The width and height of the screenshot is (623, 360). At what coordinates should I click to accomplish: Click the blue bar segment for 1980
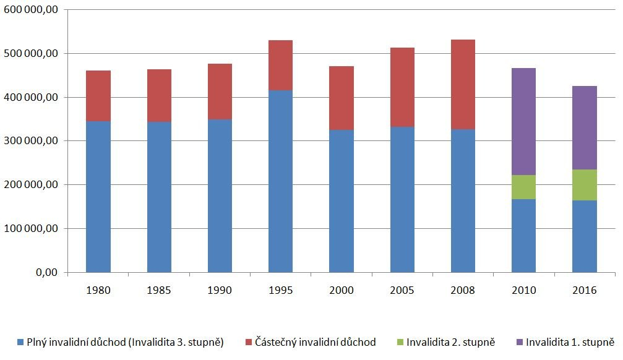[98, 197]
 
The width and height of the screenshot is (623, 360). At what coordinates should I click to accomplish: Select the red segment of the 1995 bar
[281, 66]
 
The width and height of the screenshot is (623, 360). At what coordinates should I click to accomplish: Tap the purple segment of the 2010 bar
[524, 122]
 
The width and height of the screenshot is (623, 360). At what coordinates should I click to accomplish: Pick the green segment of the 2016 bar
[585, 185]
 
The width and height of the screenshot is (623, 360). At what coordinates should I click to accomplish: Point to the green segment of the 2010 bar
[524, 187]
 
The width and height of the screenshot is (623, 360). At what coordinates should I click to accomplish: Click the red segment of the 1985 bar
[159, 96]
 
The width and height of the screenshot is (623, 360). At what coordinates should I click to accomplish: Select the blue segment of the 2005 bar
[402, 199]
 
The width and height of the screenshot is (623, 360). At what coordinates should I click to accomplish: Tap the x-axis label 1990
[220, 290]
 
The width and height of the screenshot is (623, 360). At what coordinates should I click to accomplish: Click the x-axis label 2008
[463, 290]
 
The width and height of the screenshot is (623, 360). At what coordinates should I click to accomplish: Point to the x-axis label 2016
[585, 290]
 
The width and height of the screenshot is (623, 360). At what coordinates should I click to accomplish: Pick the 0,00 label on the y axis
[46, 272]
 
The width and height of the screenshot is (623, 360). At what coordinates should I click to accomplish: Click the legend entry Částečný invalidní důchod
[315, 342]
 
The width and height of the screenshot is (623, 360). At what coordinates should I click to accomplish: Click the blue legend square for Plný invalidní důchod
[20, 342]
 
